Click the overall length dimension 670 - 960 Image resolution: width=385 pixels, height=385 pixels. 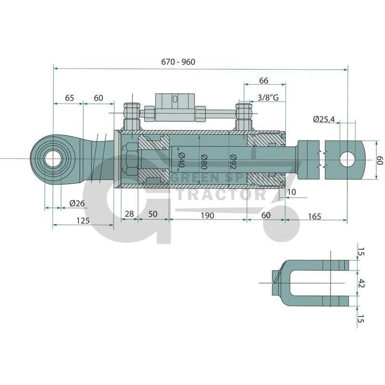179,62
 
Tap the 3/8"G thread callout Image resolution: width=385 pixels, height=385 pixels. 271,98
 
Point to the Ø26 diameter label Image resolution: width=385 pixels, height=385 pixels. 77,203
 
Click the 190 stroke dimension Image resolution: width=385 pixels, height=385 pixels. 207,215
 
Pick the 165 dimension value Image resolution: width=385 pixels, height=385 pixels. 314,216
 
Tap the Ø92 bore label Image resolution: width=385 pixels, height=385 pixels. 233,160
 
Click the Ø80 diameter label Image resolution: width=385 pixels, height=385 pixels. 204,160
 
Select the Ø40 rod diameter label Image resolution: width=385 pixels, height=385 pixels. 181,159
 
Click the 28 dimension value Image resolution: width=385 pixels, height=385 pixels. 129,214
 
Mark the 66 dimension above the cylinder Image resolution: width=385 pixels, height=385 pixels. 263,81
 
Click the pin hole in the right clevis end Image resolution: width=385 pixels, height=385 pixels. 347,159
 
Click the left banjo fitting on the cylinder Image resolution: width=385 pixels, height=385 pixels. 131,116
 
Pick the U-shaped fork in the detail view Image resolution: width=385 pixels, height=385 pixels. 313,283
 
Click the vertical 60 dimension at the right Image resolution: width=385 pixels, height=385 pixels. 379,160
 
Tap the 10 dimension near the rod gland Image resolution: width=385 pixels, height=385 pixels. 291,192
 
